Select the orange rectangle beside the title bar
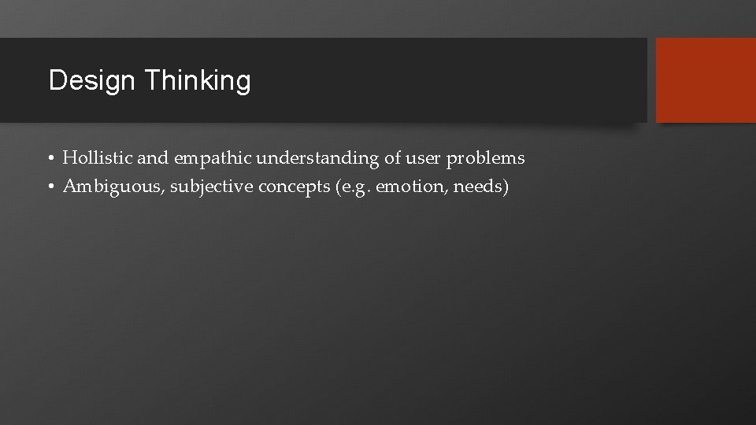click(706, 80)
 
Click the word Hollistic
click(98, 158)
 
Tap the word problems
click(485, 159)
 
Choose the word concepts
click(287, 187)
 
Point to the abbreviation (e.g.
click(350, 187)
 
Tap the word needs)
click(481, 187)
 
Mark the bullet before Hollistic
click(50, 159)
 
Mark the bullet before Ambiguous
click(50, 187)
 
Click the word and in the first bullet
click(153, 158)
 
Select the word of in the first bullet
click(392, 158)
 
